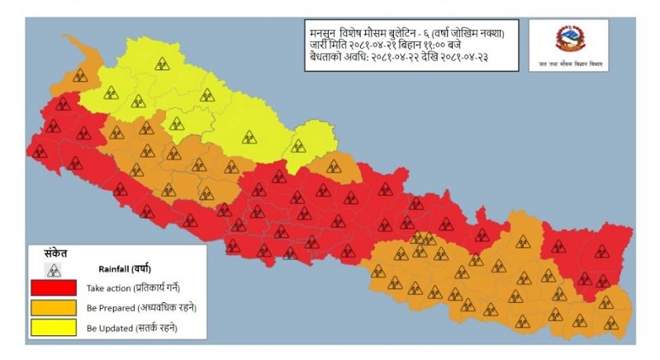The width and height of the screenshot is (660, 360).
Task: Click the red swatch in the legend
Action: pos(53,288)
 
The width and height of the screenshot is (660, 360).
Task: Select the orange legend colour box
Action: pos(53,308)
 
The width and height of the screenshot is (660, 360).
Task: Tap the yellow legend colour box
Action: pos(53,329)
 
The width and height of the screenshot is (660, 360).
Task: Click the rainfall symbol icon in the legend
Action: pos(54,269)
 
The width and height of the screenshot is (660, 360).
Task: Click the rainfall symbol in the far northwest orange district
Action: pos(80,75)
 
